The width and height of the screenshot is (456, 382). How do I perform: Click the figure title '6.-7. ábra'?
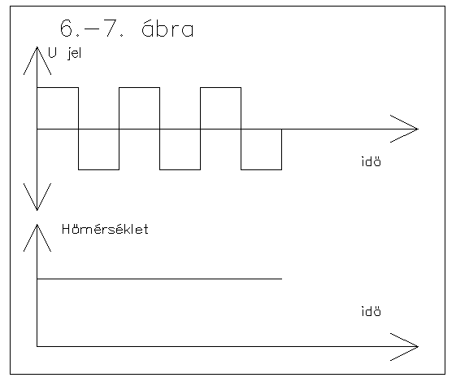pos(127,29)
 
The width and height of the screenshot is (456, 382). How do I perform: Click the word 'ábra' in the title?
pos(167,29)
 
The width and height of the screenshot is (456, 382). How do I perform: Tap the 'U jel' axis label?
pos(64,53)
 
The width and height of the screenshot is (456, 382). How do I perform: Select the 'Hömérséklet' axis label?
pos(105,230)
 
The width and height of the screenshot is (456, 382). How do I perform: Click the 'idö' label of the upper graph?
pos(371,161)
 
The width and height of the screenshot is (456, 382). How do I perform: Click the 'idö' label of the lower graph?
pos(371,311)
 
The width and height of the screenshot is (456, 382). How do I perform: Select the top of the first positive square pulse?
pos(58,87)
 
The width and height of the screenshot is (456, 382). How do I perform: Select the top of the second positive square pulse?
pos(139,87)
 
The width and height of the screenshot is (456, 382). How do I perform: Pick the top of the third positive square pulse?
pos(221,87)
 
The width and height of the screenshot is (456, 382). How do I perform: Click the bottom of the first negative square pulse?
pos(98,169)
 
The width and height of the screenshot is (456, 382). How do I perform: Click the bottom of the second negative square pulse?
pos(180,169)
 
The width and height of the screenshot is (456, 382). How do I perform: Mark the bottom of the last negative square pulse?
pos(261,169)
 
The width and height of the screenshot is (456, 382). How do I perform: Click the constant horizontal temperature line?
pos(159,279)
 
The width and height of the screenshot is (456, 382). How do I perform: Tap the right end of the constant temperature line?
pos(281,279)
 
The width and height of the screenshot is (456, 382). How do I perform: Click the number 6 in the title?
pos(66,29)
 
